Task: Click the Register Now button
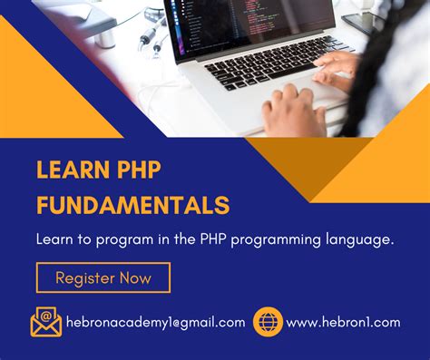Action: (103, 277)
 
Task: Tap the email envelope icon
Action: (45, 321)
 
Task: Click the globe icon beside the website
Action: (268, 321)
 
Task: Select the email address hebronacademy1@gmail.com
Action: (156, 322)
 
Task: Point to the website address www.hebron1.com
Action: (343, 322)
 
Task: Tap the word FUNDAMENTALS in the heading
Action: (132, 202)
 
